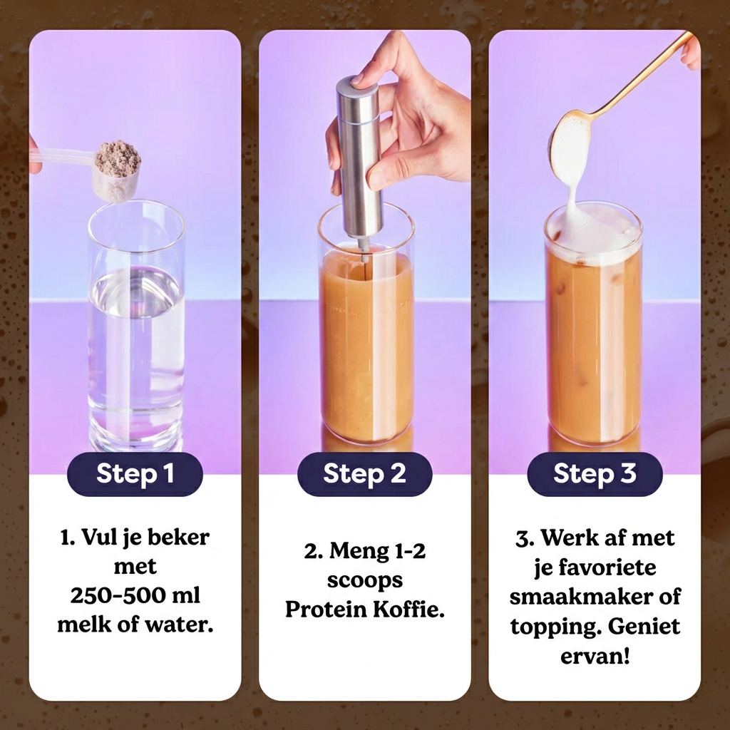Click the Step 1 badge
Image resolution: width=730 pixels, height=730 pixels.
pos(135,474)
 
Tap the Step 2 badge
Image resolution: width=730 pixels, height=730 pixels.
pos(364,474)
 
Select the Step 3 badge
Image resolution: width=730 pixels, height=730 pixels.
pos(595,474)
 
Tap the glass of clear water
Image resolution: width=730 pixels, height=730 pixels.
pos(136,326)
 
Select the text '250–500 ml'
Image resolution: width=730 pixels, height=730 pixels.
pos(135,595)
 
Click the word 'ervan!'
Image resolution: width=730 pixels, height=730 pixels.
pos(595,656)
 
